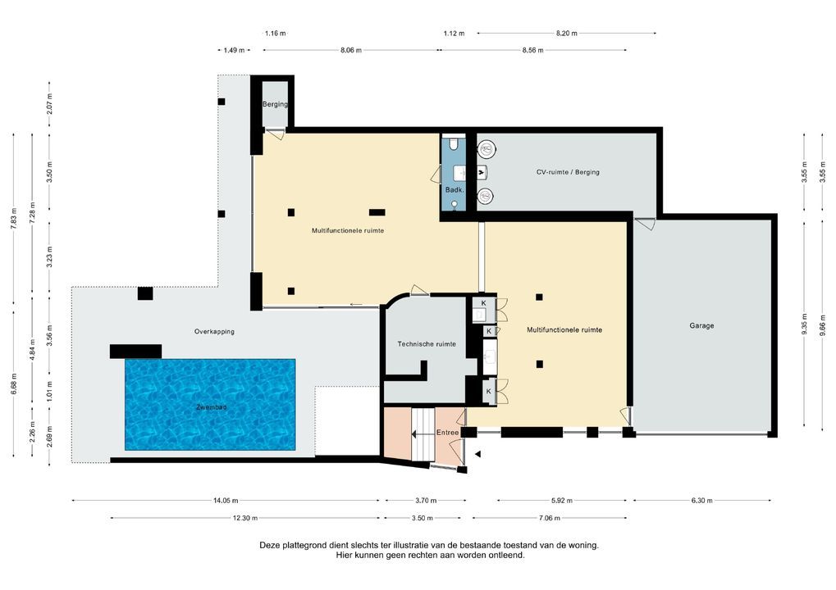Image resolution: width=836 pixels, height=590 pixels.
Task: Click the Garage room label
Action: pyautogui.click(x=701, y=325)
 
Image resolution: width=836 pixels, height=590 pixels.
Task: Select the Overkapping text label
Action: pyautogui.click(x=214, y=332)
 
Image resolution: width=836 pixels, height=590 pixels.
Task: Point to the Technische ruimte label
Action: pyautogui.click(x=426, y=344)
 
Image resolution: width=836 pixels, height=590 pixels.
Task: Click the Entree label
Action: pyautogui.click(x=447, y=433)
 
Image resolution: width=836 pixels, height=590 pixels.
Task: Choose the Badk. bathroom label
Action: pyautogui.click(x=455, y=190)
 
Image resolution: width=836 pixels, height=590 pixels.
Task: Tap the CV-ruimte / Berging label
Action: pyautogui.click(x=568, y=172)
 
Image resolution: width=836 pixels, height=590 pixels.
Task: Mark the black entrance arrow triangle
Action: pyautogui.click(x=478, y=454)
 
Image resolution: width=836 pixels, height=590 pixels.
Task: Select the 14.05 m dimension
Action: pyautogui.click(x=225, y=501)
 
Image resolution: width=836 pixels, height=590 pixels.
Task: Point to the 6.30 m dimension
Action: pyautogui.click(x=701, y=501)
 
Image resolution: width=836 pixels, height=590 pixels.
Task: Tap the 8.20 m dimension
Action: pyautogui.click(x=566, y=34)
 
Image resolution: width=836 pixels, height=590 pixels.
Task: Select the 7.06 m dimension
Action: pyautogui.click(x=550, y=518)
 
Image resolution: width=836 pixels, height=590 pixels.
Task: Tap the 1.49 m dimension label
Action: pyautogui.click(x=234, y=51)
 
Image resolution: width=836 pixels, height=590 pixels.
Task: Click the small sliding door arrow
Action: pyautogui.click(x=356, y=305)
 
